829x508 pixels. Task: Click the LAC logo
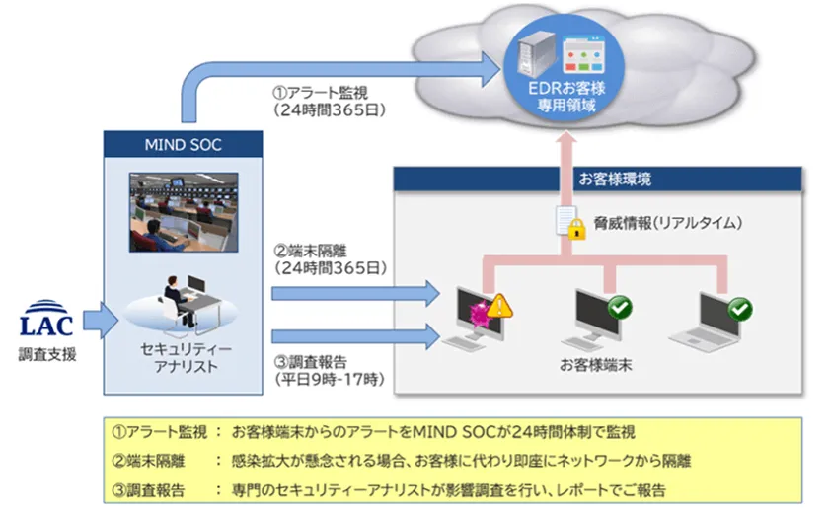click(x=46, y=319)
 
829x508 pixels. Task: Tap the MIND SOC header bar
click(x=183, y=144)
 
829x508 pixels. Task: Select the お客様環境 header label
click(x=614, y=180)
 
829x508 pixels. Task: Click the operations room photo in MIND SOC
click(x=184, y=212)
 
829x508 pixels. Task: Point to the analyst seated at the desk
click(x=177, y=300)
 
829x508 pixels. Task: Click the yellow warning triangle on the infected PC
click(x=499, y=306)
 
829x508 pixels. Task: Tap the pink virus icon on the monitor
click(x=480, y=314)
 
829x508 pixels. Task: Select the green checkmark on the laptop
click(x=739, y=310)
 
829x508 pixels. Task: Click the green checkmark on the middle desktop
click(x=620, y=307)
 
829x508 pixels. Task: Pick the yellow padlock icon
click(x=576, y=230)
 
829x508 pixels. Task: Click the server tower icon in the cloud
click(x=537, y=54)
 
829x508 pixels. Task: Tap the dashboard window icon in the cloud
click(x=583, y=54)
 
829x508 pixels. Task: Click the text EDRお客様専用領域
click(x=566, y=97)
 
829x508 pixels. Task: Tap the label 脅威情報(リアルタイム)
click(x=668, y=223)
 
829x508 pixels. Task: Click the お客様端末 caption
click(x=596, y=365)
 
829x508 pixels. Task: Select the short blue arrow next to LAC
click(x=101, y=320)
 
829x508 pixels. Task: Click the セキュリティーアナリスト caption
click(x=186, y=358)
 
